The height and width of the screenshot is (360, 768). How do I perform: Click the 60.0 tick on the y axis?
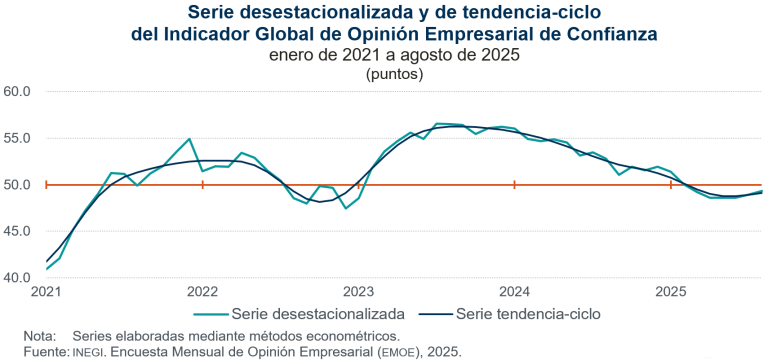18,92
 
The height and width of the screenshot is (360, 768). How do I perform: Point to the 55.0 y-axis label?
18,138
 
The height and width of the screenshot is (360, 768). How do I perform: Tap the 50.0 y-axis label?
18,185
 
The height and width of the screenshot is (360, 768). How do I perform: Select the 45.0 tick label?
18,231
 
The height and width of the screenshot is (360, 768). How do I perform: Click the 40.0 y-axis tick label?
18,277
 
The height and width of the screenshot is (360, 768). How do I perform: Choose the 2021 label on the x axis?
47,292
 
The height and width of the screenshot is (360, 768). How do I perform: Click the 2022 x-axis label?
203,292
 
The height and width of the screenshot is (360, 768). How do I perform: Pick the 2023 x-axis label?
359,292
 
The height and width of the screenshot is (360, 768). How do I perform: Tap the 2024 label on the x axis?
514,292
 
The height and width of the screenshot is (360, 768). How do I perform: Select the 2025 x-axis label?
670,292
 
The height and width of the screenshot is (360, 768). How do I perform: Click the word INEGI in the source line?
87,352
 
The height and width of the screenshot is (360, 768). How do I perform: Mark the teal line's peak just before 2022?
190,139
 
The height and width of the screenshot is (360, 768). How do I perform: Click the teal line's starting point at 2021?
47,269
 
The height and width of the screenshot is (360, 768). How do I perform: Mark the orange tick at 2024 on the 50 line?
514,185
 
